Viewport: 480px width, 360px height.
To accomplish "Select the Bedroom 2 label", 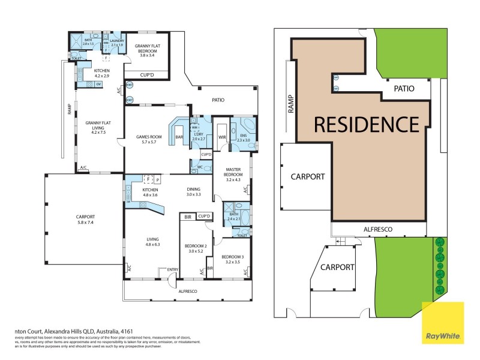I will [196, 248].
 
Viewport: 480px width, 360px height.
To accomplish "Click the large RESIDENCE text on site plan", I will [366, 124].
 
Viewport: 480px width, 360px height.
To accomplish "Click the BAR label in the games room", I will [178, 137].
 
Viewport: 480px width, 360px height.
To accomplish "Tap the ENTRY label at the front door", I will [173, 269].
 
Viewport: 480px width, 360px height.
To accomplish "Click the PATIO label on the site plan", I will [404, 88].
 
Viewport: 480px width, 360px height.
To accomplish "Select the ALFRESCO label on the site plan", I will [378, 229].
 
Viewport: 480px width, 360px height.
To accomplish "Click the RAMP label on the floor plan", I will [69, 110].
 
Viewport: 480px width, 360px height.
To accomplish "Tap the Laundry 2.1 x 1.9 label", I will [116, 43].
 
